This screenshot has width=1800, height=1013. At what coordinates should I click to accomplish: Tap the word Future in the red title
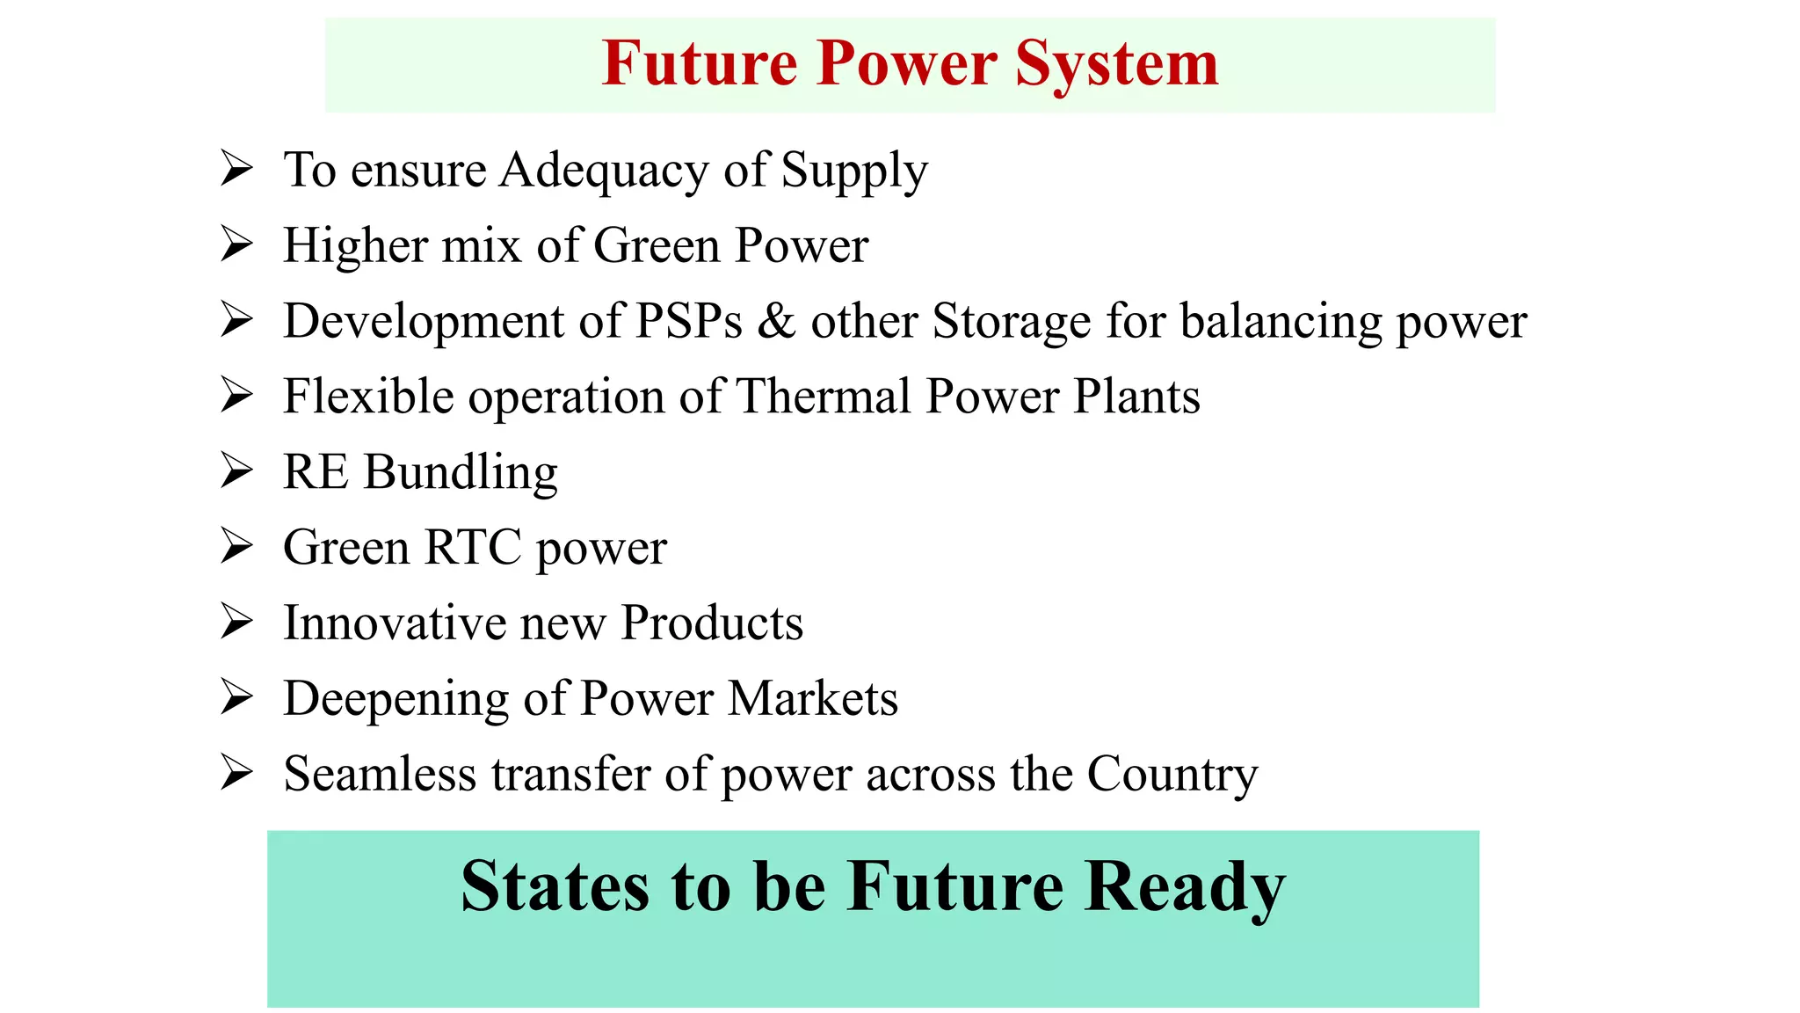coord(700,63)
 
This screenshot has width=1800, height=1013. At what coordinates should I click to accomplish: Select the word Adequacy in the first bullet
coord(604,171)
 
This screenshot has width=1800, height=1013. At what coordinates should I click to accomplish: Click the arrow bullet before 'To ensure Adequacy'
coord(236,168)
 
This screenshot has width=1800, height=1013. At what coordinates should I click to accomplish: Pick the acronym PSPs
coord(688,321)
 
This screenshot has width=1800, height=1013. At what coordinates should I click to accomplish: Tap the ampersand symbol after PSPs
coord(776,321)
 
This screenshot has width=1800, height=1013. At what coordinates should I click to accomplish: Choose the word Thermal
coord(823,397)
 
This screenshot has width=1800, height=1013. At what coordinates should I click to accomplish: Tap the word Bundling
coord(461,474)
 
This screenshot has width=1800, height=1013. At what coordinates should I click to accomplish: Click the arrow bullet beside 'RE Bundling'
coord(236,470)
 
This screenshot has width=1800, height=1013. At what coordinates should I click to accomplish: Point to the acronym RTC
coord(473,548)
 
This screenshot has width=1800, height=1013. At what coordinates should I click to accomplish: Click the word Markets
coord(813,699)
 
